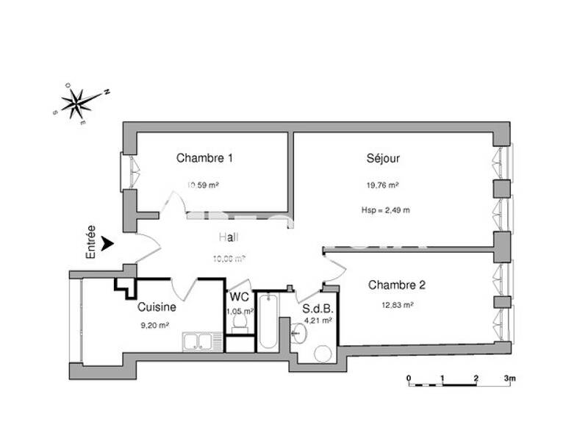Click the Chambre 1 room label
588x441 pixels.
pos(205,158)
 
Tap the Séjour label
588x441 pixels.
pos(383,158)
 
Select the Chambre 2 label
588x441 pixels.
pos(397,285)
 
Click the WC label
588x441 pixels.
pos(239,298)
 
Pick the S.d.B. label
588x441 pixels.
pos(317,309)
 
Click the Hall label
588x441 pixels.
pos(229,237)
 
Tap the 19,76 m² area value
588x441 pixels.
pos(383,186)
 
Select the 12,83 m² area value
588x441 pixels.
pos(397,305)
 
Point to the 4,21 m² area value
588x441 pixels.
pos(318,320)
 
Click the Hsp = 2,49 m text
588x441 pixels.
pos(386,210)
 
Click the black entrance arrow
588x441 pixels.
pos(109,243)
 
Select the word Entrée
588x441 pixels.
pos(90,243)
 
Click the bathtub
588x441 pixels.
pos(267,321)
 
